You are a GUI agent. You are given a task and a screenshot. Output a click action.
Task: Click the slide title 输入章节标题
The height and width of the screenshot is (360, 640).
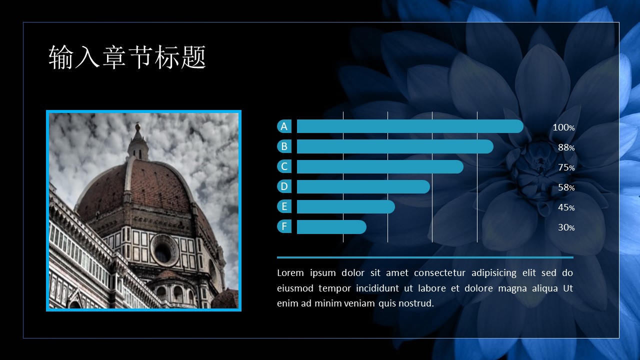127,57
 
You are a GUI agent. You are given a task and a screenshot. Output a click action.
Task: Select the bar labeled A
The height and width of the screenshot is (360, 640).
409,126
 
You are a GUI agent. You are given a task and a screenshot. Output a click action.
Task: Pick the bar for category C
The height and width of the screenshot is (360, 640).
379,166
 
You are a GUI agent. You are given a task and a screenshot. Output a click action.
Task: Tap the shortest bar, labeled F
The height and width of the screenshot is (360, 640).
331,227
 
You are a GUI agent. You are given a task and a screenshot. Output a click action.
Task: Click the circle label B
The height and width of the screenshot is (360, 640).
284,146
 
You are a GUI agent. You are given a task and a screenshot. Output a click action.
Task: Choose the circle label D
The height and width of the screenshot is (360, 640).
284,186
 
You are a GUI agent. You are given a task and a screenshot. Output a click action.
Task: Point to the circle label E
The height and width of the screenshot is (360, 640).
284,206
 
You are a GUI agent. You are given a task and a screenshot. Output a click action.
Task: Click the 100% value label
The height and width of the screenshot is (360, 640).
563,127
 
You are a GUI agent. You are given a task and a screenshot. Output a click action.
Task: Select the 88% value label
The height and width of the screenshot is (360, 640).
566,147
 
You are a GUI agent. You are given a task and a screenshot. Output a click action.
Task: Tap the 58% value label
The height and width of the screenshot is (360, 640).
566,187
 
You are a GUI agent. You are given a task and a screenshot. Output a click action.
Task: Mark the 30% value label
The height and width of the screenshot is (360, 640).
566,227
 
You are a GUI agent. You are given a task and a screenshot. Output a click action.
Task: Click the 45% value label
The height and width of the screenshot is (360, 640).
566,207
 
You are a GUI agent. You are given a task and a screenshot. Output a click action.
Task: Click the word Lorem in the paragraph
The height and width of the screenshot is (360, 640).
290,273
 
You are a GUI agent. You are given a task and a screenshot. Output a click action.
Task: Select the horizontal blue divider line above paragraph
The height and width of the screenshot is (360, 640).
425,257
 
